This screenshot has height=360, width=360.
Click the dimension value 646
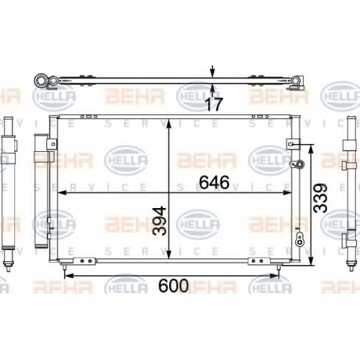click(x=215, y=182)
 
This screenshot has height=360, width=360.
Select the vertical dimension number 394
click(x=160, y=221)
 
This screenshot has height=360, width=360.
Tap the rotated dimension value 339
click(x=320, y=198)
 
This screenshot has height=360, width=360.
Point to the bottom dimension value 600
click(x=174, y=286)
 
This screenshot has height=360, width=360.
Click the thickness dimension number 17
click(x=214, y=104)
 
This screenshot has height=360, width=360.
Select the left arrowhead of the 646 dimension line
click(x=62, y=192)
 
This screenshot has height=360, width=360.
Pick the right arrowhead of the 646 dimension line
click(x=287, y=192)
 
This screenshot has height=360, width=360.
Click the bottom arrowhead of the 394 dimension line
click(x=169, y=255)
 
